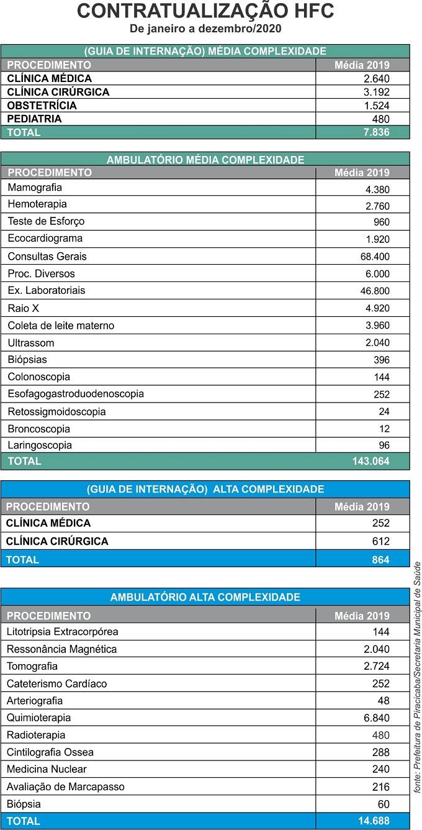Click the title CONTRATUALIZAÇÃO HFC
click(x=205, y=11)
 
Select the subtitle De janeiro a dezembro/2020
click(x=205, y=29)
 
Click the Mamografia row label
click(x=35, y=188)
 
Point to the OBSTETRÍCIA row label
click(x=42, y=106)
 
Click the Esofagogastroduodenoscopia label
click(x=76, y=394)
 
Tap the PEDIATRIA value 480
click(x=380, y=119)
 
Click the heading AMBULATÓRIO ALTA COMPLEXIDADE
click(x=205, y=598)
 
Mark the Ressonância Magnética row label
click(x=61, y=649)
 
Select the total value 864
click(x=380, y=560)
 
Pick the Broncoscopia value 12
click(x=384, y=429)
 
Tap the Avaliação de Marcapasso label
click(x=65, y=787)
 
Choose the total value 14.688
click(x=374, y=821)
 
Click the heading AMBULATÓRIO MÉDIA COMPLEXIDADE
click(x=205, y=160)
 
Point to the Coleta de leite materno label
click(x=61, y=326)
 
